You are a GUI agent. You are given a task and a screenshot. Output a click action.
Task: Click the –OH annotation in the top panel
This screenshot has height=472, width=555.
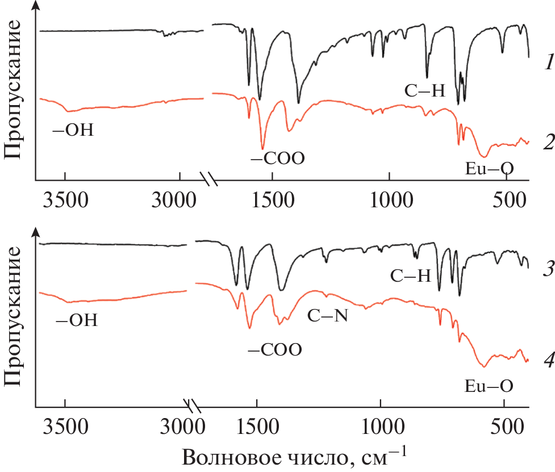tap(73, 131)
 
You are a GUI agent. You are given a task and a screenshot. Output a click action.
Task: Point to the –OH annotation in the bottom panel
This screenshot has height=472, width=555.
tap(77, 321)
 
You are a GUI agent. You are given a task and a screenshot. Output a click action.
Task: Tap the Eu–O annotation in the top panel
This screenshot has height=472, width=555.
tap(489, 168)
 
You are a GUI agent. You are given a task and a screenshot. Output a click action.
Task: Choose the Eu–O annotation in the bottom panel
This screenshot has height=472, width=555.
tap(489, 387)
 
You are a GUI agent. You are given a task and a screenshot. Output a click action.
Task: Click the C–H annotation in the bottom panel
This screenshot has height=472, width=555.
tap(411, 277)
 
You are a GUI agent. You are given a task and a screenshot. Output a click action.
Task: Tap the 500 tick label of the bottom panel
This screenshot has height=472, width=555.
tap(504, 423)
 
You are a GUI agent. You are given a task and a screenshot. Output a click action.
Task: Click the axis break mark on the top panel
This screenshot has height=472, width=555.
tap(211, 179)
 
